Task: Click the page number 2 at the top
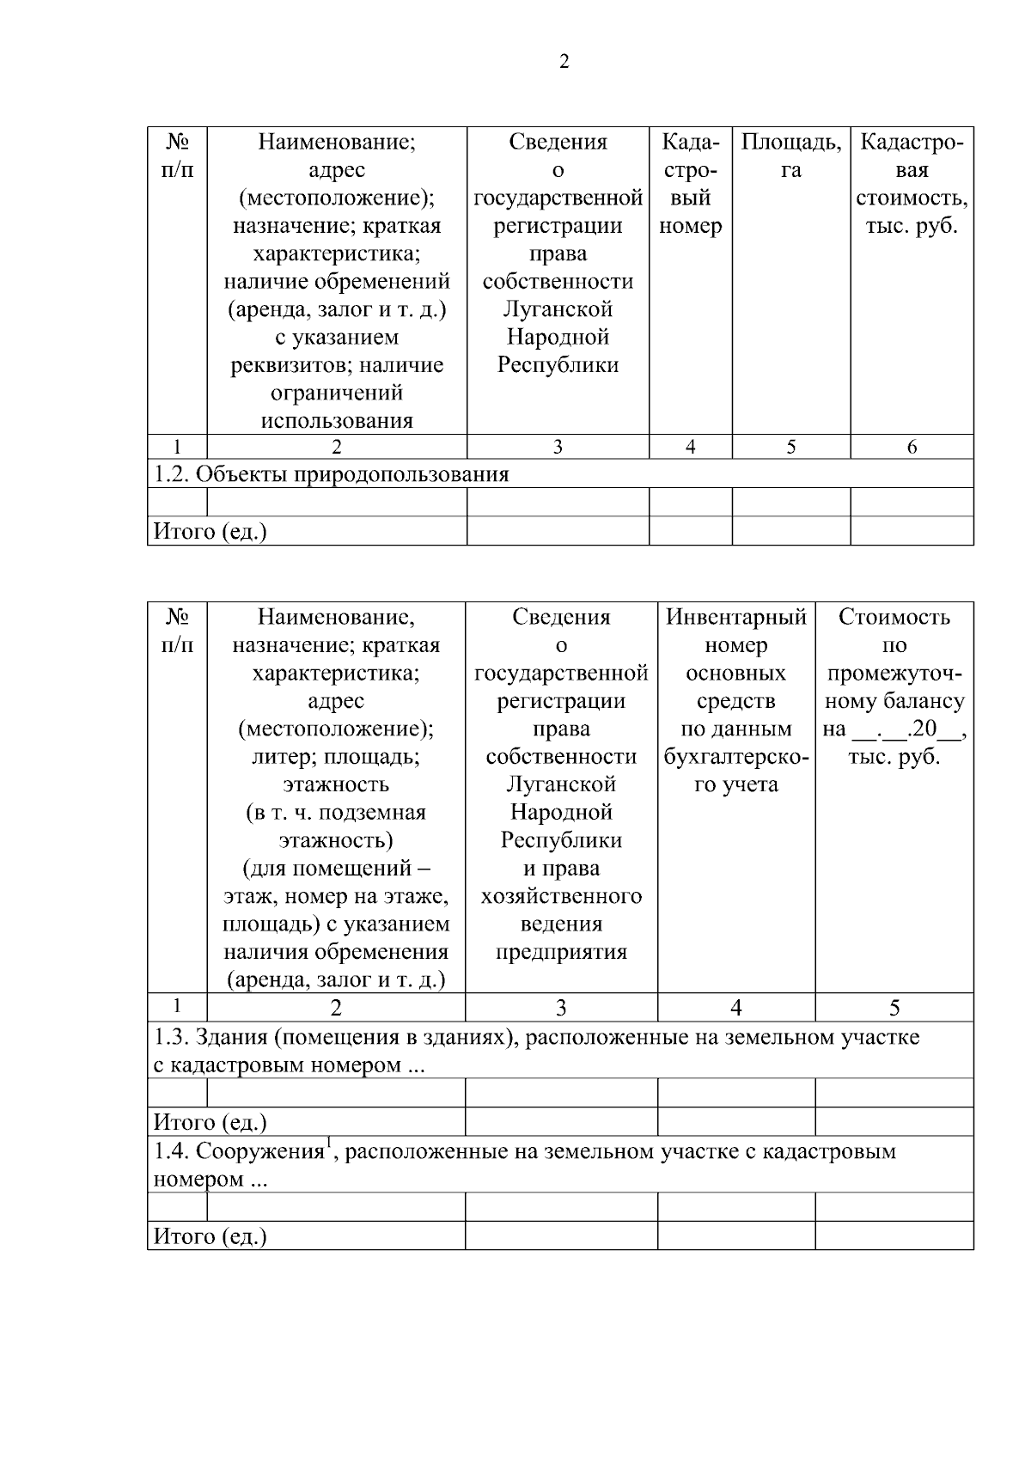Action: [x=564, y=62]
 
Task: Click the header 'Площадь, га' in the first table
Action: [x=790, y=156]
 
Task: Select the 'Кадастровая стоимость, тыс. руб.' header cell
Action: [x=912, y=184]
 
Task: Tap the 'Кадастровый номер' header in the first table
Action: [x=690, y=184]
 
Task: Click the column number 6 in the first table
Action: [x=912, y=447]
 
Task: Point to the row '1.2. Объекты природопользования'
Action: [x=331, y=474]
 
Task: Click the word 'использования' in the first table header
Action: [x=337, y=421]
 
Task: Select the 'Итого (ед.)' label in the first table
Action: [x=210, y=532]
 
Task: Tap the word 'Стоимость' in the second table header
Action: [x=894, y=617]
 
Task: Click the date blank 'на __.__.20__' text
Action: [x=894, y=729]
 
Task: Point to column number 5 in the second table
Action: [x=894, y=1008]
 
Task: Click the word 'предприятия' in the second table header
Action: [x=561, y=952]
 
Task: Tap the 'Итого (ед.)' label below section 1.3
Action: [x=210, y=1122]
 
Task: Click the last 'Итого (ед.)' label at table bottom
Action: [x=210, y=1236]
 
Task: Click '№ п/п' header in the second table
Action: [x=178, y=631]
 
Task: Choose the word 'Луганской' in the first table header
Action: [x=558, y=309]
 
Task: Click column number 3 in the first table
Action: [x=558, y=447]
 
